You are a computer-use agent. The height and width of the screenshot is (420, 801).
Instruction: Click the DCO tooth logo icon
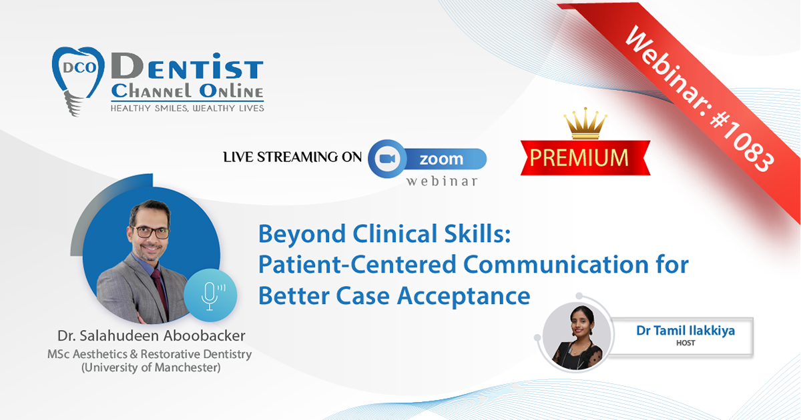click(78, 81)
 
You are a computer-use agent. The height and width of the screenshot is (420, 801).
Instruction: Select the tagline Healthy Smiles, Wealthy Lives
click(188, 108)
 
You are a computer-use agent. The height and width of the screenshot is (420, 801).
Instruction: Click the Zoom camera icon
click(387, 158)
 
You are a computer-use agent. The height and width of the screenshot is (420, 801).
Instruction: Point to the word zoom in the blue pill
click(441, 159)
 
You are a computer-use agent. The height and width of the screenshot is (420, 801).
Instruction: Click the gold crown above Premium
click(585, 123)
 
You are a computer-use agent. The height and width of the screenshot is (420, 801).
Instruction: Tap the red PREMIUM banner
click(585, 157)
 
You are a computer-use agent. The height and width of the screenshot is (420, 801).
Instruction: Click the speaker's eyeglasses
click(151, 233)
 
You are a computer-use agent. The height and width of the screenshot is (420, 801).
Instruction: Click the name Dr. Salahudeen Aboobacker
click(152, 336)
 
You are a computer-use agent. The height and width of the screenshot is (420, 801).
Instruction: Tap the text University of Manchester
click(151, 367)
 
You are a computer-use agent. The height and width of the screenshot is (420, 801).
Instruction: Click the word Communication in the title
click(556, 265)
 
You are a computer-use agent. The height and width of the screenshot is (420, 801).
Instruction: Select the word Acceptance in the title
click(464, 297)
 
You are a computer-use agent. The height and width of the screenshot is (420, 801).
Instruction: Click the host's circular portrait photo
click(577, 337)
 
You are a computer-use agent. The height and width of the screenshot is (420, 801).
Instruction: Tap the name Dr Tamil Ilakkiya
click(686, 331)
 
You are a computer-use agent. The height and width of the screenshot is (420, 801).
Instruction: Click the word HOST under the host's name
click(686, 343)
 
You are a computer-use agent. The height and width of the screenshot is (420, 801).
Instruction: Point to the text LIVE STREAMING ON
click(292, 157)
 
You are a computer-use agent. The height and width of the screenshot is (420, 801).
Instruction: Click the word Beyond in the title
click(302, 234)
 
